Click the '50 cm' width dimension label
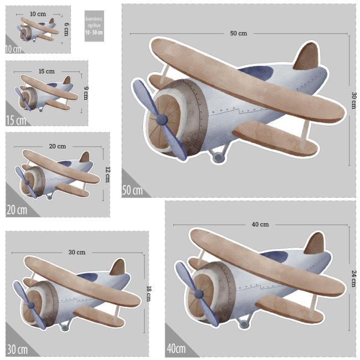pyautogui.click(x=238, y=33)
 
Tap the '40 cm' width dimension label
pyautogui.click(x=260, y=224)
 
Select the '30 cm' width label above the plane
pyautogui.click(x=76, y=252)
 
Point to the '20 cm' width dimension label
pyautogui.click(x=57, y=146)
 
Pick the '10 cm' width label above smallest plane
pyautogui.click(x=38, y=13)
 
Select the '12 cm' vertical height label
pyautogui.click(x=107, y=173)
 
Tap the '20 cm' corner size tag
pyautogui.click(x=16, y=210)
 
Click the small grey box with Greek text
pyautogui.click(x=94, y=25)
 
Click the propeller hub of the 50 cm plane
pyautogui.click(x=161, y=119)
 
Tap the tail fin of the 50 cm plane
pyautogui.click(x=307, y=57)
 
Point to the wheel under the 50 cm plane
pyautogui.click(x=219, y=158)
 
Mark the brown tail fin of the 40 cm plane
pyautogui.click(x=314, y=244)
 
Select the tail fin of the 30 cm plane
pyautogui.click(x=117, y=268)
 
